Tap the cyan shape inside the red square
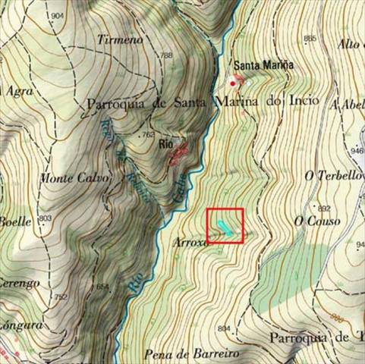point(222,226)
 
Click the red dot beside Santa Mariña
point(232,83)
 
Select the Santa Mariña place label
point(263,65)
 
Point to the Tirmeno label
point(120,38)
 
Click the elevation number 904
point(56,16)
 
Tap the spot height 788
point(166,55)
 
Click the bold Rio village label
point(166,142)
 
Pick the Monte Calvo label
point(74,179)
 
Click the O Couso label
point(317,221)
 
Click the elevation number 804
point(223,328)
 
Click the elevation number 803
point(45,218)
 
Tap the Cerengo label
point(19,283)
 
